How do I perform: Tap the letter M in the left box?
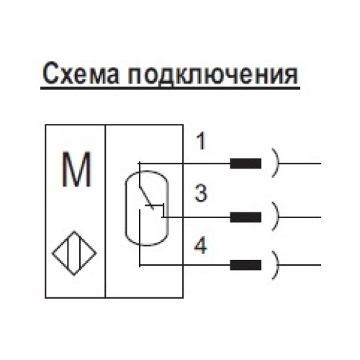point(75,171)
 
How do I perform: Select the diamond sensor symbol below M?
point(75,253)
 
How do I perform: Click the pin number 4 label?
point(202,246)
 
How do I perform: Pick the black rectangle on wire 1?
point(245,163)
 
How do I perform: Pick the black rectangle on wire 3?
point(245,215)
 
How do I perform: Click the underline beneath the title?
point(170,89)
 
